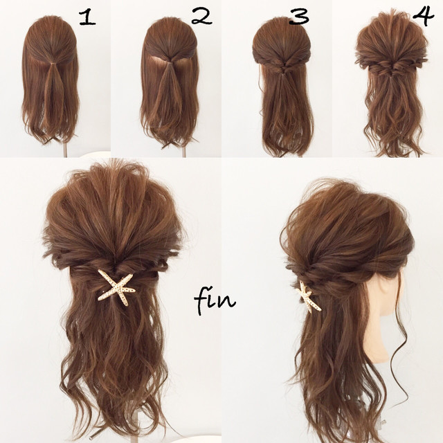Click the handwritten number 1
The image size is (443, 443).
[88, 18]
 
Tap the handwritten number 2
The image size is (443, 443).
[201, 16]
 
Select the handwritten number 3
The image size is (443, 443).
[299, 17]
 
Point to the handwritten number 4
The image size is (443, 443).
[423, 17]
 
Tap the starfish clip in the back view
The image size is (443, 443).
[116, 287]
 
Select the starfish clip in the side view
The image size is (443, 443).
[307, 297]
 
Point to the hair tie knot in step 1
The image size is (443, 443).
[51, 64]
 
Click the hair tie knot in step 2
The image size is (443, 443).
[168, 63]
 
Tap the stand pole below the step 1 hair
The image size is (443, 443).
[66, 150]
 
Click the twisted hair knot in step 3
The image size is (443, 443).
[282, 67]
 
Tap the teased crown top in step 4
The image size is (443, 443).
[391, 31]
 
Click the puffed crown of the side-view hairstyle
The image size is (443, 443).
[347, 217]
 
